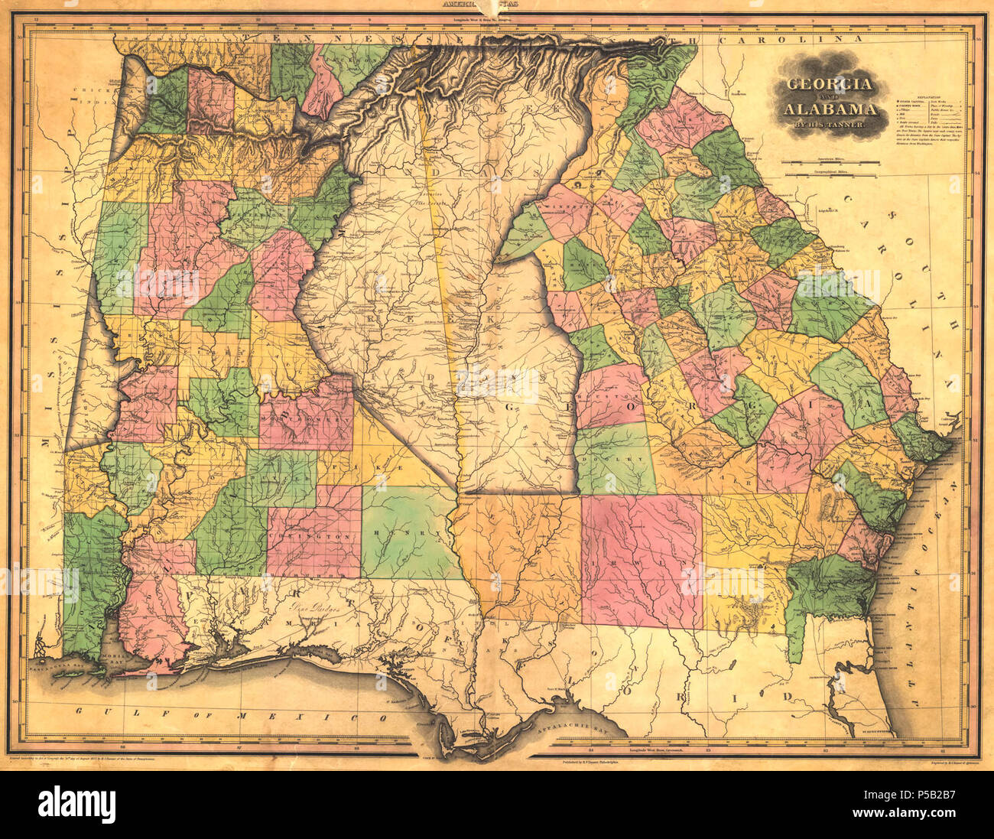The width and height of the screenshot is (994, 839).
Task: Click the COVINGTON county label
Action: coord(313,538)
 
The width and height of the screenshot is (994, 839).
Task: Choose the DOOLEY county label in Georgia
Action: coord(616,460)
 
